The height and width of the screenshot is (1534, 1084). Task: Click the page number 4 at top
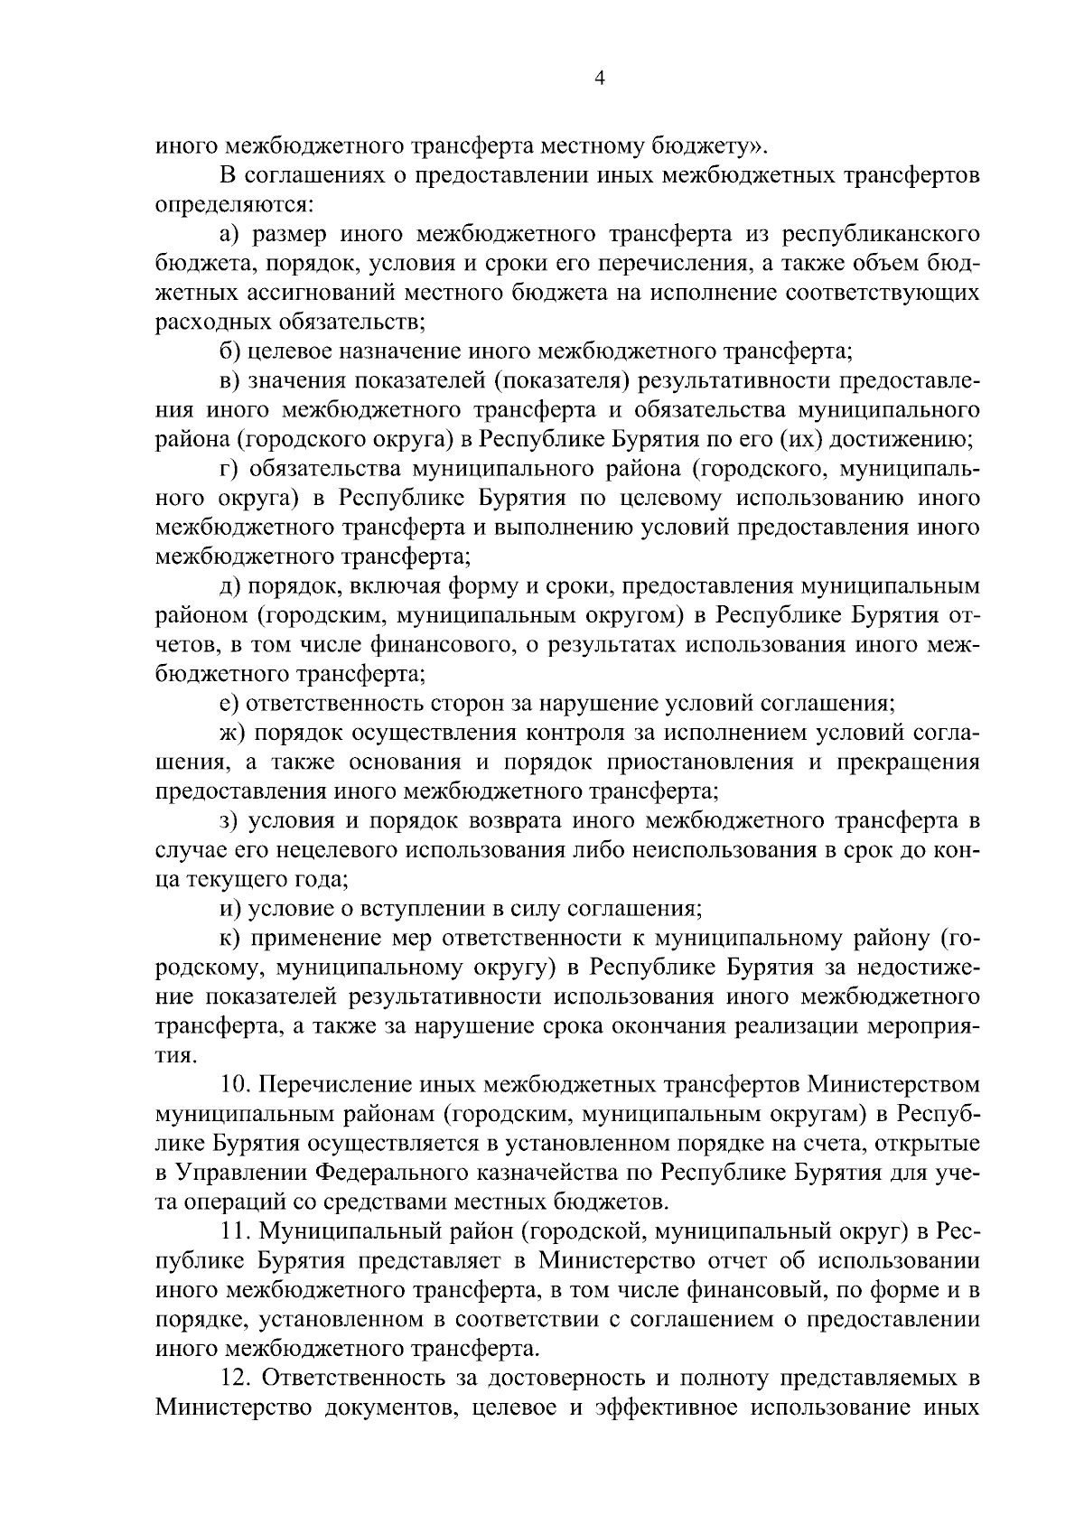click(x=599, y=79)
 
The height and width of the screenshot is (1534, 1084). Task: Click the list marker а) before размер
click(x=230, y=235)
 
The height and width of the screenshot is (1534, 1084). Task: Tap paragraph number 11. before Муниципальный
click(x=236, y=1230)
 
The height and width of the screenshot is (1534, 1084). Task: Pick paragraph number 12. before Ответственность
click(x=236, y=1377)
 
